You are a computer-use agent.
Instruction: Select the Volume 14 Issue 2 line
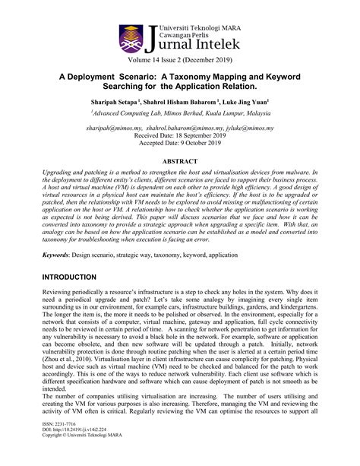point(180,59)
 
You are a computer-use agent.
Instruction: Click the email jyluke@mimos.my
point(248,129)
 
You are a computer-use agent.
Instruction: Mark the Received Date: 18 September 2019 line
point(180,137)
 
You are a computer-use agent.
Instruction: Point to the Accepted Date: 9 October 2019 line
point(180,145)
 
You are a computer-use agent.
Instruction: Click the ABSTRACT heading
point(180,163)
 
